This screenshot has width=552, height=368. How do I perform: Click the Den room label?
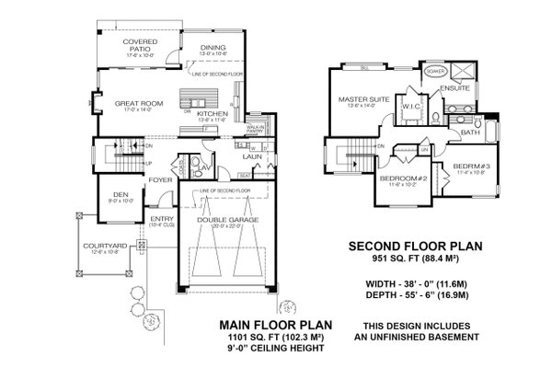pos(115,193)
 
